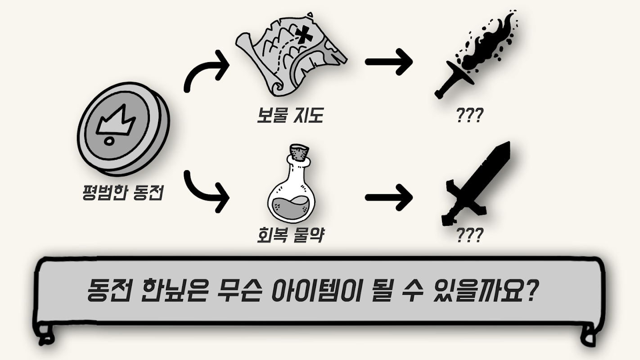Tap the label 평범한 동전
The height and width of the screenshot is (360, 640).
click(x=123, y=193)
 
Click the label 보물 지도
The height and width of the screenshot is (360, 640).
click(x=290, y=116)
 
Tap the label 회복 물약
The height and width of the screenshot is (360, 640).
click(x=290, y=235)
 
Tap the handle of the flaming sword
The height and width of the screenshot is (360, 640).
click(x=446, y=87)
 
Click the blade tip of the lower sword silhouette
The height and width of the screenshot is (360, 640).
click(x=509, y=143)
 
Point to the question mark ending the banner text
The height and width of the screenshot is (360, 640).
click(x=530, y=290)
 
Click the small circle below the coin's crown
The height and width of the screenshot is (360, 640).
click(x=109, y=140)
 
